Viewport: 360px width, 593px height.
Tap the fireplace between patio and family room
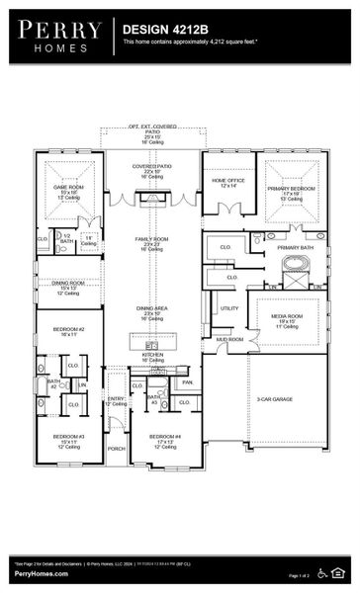tap(152, 198)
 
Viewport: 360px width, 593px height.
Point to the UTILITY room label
tap(229, 308)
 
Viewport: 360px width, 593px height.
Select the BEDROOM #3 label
tap(67, 438)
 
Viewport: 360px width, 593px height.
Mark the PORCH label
tap(117, 448)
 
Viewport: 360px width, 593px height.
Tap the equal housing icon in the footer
tap(341, 573)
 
